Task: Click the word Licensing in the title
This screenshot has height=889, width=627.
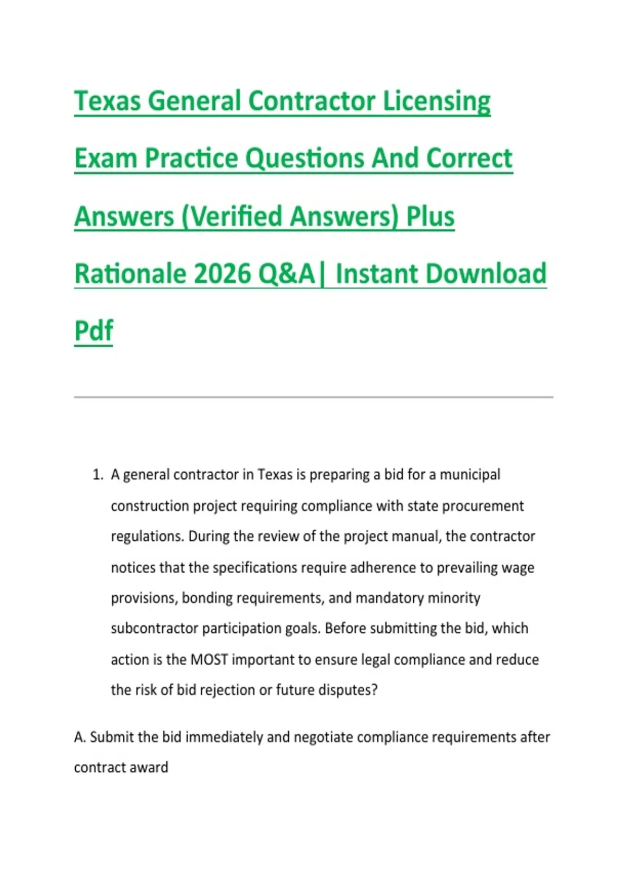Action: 436,102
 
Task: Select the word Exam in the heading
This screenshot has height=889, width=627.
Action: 106,158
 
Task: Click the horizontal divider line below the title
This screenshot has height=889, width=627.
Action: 313,397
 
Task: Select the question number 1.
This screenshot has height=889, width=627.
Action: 98,475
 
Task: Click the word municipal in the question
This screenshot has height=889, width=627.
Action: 470,475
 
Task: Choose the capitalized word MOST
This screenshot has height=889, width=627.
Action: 210,660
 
